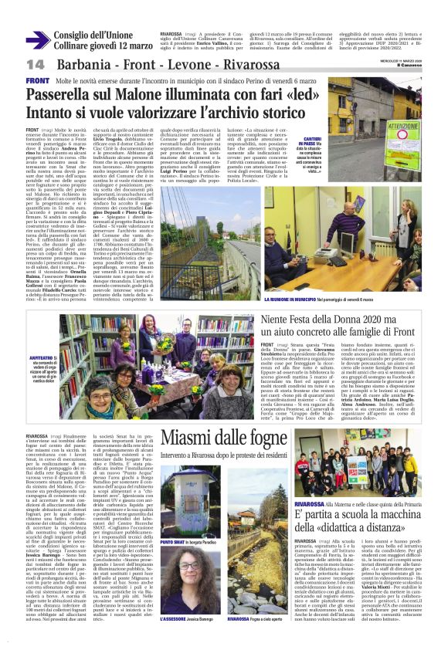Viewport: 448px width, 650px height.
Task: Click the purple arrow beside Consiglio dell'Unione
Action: coord(36,40)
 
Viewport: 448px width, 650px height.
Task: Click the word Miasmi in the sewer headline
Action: coord(186,436)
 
